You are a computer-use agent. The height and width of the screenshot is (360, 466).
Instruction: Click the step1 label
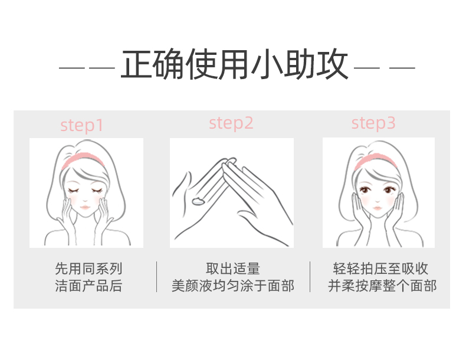[82, 126]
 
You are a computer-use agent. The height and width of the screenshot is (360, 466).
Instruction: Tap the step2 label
[231, 123]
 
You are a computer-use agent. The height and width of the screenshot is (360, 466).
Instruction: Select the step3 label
[373, 123]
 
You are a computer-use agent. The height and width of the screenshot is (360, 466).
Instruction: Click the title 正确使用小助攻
[234, 64]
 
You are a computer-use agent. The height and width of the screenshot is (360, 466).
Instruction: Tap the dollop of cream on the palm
[198, 201]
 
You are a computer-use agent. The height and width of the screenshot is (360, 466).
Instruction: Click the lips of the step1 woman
[85, 207]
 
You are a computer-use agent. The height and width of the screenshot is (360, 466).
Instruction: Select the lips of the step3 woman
[378, 208]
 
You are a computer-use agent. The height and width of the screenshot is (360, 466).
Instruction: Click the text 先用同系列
[88, 269]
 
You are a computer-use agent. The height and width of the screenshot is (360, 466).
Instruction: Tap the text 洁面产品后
[88, 286]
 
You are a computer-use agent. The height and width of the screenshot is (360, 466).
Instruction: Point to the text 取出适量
[233, 269]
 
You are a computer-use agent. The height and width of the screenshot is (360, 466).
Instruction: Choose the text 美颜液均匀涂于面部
[233, 286]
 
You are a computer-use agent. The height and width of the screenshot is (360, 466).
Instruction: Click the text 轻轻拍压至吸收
[380, 269]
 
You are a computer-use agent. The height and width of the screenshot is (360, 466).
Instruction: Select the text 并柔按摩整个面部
[382, 286]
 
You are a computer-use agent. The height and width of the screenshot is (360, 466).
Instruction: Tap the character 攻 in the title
[332, 64]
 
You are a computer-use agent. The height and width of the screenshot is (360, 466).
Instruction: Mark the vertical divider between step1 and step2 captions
[157, 277]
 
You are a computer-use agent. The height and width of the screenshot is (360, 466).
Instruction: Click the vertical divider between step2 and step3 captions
[310, 277]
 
